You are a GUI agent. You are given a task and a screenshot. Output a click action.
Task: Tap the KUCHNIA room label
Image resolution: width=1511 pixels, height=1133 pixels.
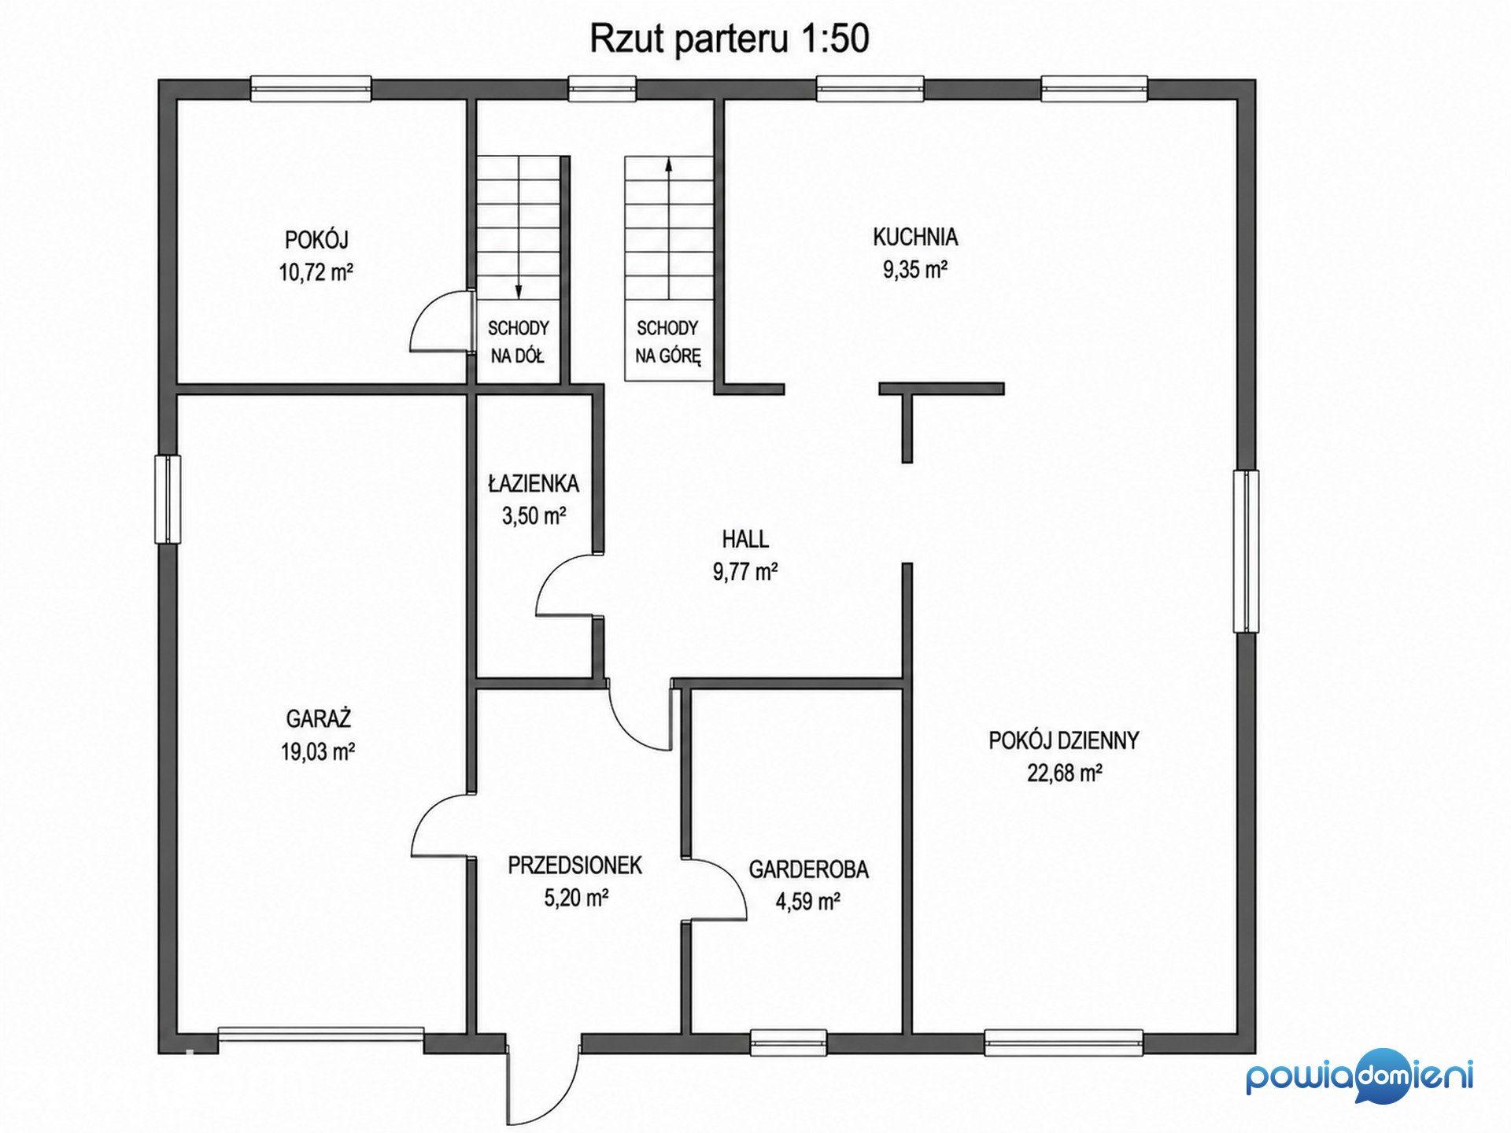(914, 236)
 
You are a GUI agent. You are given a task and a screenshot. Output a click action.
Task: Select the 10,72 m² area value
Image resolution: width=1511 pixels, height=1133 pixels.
(316, 273)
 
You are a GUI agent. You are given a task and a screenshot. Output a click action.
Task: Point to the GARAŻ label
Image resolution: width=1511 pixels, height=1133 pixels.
(318, 718)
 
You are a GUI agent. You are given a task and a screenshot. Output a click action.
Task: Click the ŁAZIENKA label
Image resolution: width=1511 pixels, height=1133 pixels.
(534, 483)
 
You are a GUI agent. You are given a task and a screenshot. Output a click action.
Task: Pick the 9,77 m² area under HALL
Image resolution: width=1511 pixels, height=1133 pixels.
(745, 572)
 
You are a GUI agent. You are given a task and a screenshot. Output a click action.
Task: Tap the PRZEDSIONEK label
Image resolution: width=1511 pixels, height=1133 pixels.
(574, 865)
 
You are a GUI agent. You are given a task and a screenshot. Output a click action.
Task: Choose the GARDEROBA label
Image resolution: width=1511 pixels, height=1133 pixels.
(808, 869)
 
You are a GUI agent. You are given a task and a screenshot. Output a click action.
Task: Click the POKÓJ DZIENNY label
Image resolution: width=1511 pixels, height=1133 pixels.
(1064, 740)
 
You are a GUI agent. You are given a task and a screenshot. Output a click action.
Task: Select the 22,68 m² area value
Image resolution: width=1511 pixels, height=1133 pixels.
(1064, 773)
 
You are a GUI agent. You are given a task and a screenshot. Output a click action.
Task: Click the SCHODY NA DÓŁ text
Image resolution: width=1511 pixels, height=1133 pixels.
(518, 342)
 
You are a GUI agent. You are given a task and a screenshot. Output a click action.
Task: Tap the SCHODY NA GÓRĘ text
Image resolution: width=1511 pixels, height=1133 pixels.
(668, 342)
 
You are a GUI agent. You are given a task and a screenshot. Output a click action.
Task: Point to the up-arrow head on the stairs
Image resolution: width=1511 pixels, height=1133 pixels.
(668, 164)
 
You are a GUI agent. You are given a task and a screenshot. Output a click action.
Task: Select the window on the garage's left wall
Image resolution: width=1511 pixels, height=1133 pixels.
(168, 499)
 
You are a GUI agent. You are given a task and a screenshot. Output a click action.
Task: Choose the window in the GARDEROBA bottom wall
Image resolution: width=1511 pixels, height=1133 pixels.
(789, 1043)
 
